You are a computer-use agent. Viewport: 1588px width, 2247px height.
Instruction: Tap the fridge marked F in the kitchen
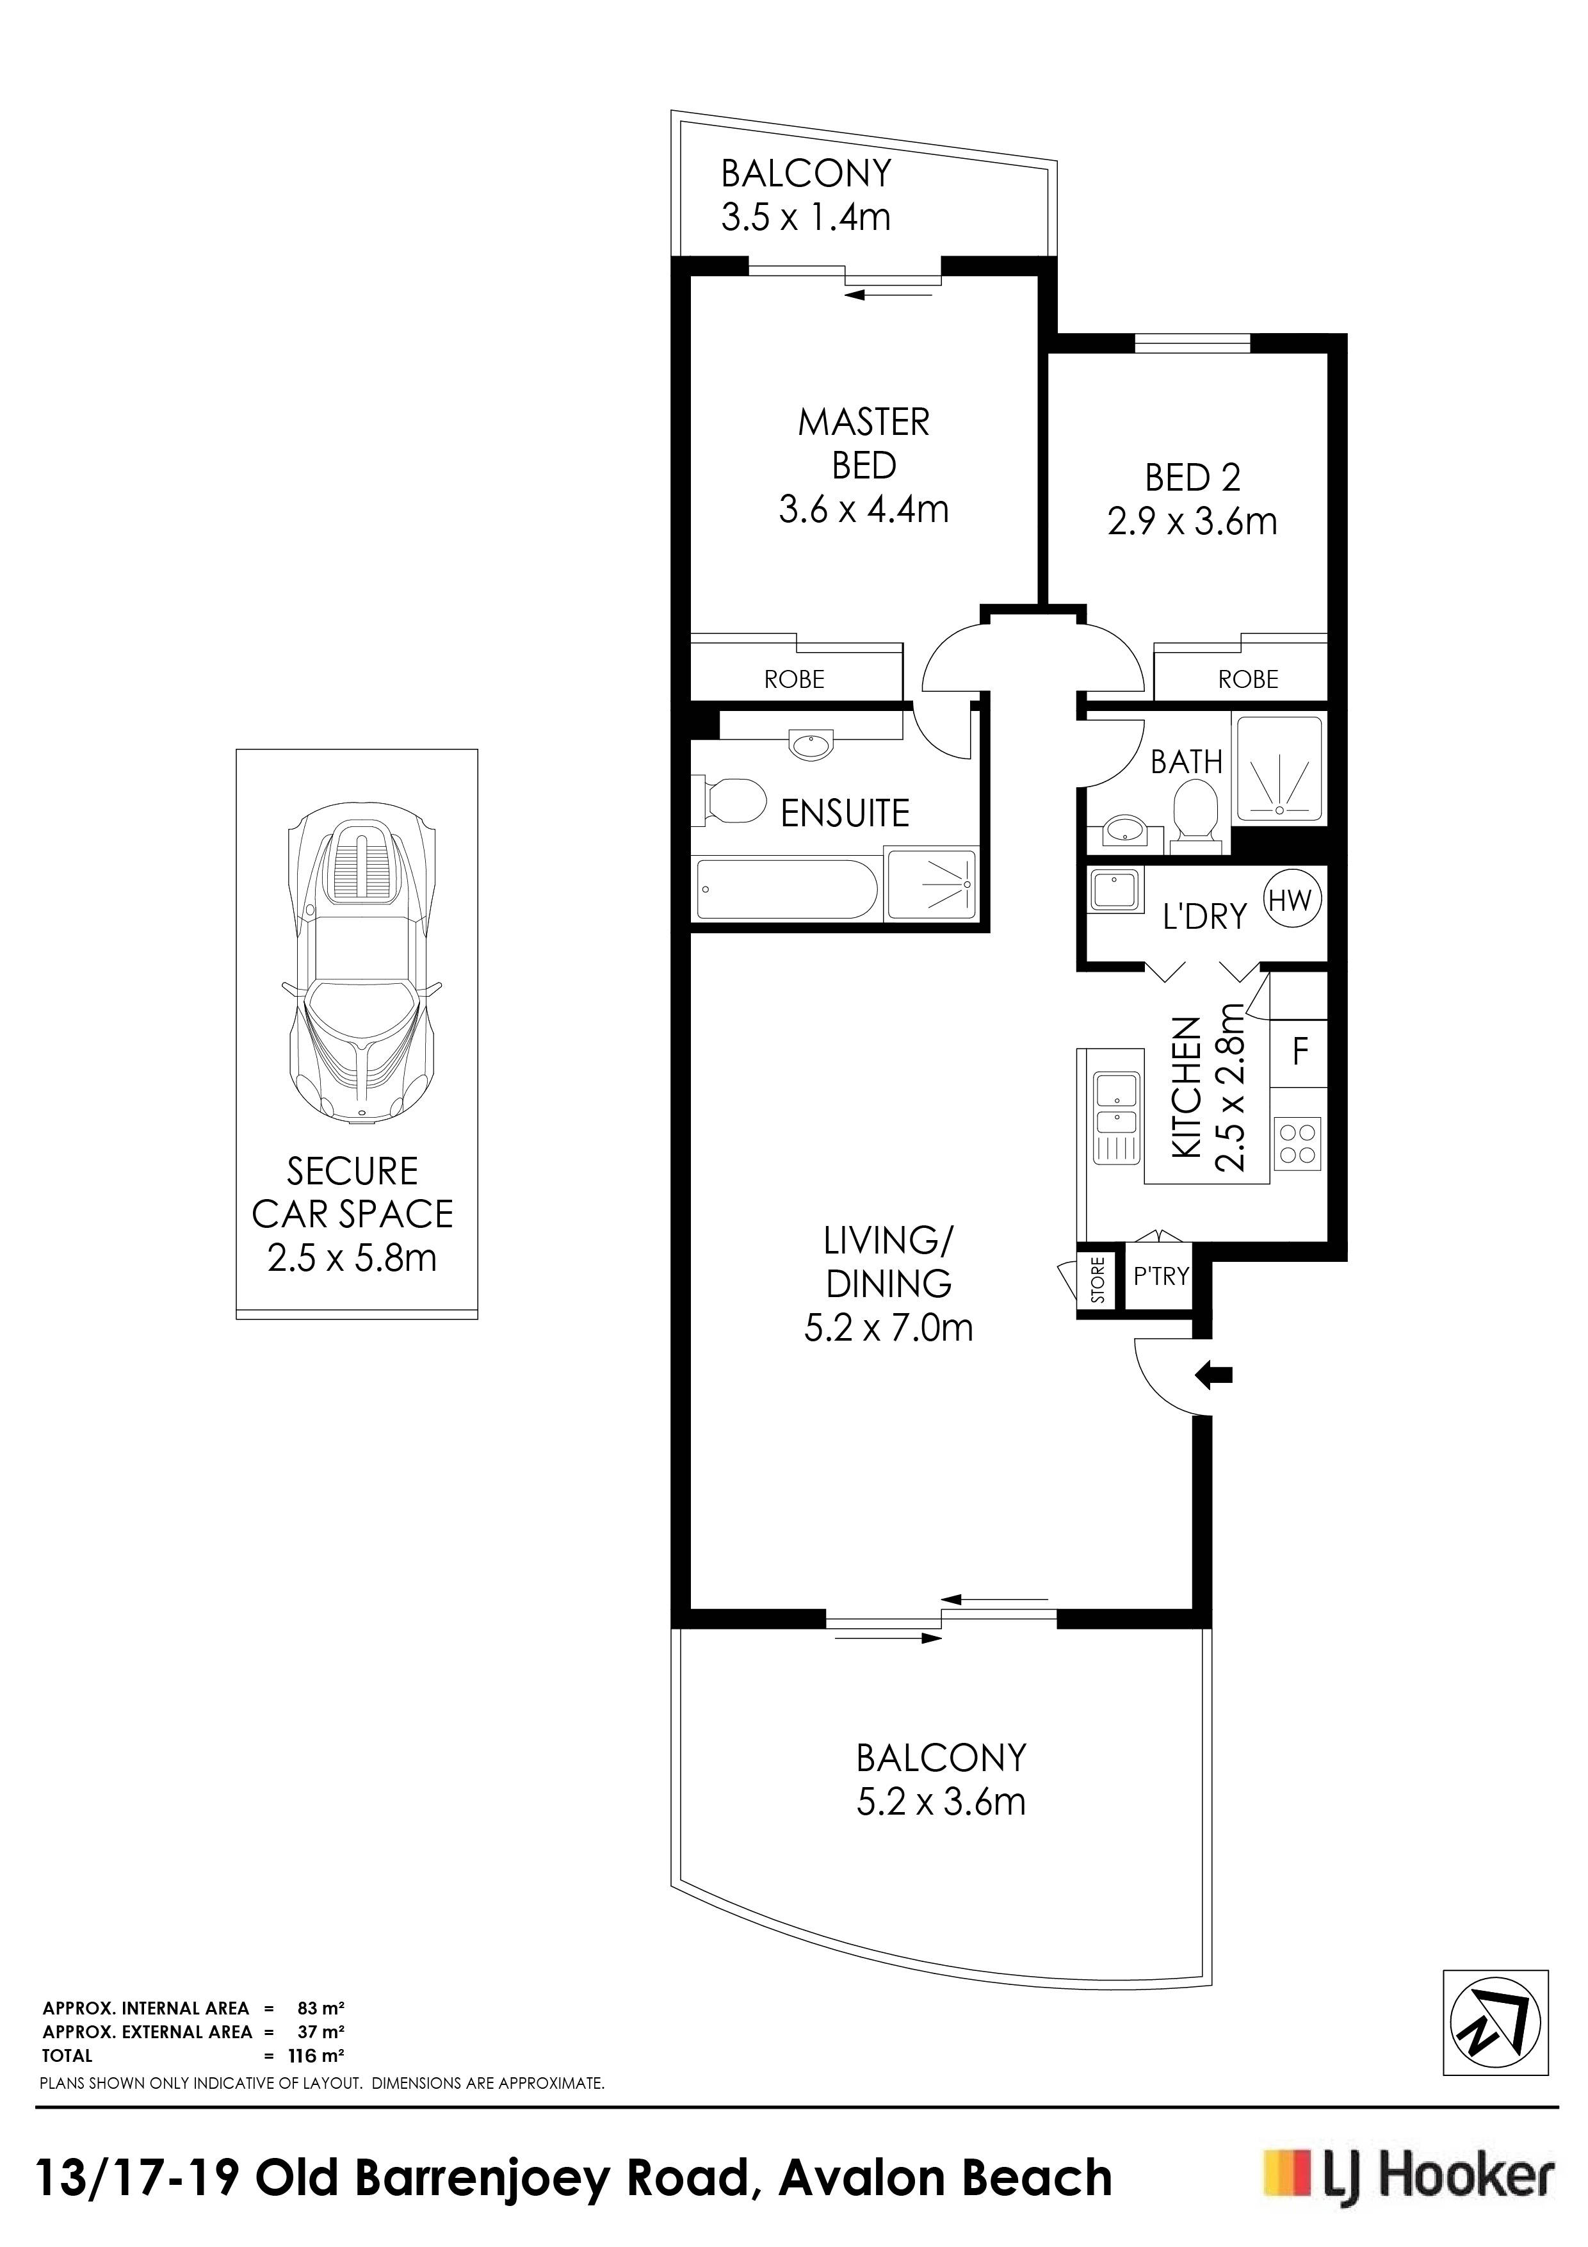pos(1299,1052)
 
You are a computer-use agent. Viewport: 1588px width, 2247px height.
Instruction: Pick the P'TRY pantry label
pos(1160,1276)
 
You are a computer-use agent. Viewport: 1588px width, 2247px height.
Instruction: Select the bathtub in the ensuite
pos(788,888)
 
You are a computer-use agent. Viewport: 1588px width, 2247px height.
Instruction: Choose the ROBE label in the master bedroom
pos(795,679)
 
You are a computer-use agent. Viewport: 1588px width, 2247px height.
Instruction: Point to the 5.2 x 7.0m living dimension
pos(888,1328)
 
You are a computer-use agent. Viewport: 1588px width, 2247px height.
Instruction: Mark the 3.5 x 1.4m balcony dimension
pos(806,217)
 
